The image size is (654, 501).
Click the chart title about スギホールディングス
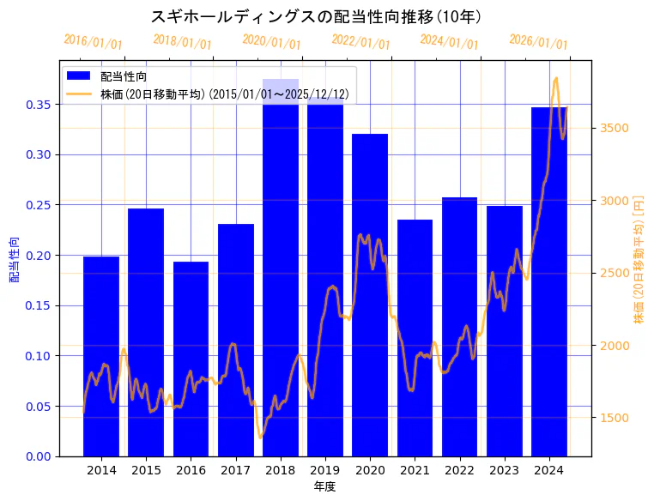(x=316, y=16)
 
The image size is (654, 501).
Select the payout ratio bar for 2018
(x=281, y=275)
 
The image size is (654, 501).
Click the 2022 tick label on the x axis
(x=459, y=470)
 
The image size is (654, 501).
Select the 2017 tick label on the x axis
(x=235, y=470)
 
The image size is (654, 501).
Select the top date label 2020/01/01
(x=271, y=41)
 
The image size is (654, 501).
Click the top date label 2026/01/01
(x=538, y=41)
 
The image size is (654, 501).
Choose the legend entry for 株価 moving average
(x=224, y=94)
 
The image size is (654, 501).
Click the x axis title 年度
(x=324, y=486)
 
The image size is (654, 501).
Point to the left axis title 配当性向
(x=14, y=259)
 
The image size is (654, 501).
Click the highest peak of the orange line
(x=556, y=78)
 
